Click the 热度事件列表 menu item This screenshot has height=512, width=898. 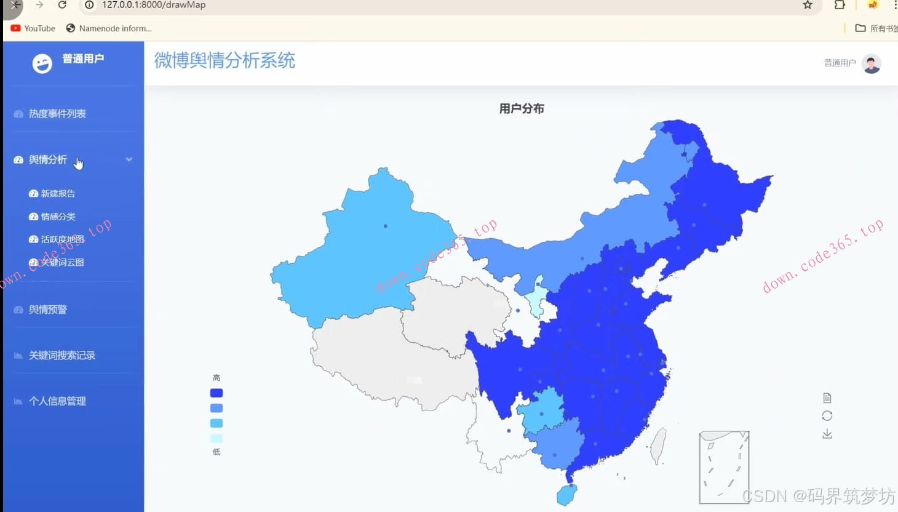tap(57, 114)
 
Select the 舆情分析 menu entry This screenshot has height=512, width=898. tap(48, 160)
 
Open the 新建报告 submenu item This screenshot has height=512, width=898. tap(58, 193)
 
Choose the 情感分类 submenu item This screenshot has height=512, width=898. tap(58, 217)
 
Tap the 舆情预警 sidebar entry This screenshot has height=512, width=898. tap(48, 310)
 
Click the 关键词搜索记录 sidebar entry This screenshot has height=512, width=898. tap(62, 355)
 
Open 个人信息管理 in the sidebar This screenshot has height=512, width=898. tap(57, 401)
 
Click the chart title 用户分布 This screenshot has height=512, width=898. tap(522, 109)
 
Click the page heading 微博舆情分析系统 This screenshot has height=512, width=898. tap(224, 60)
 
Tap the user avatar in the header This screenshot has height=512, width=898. tap(872, 63)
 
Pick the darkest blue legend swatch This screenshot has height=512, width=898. tap(217, 393)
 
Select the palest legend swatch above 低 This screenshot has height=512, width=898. tap(217, 438)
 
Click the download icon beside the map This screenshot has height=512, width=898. tap(827, 434)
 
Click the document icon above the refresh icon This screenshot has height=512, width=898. tap(827, 398)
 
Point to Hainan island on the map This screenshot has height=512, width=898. tap(567, 494)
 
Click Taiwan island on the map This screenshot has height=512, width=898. tap(659, 446)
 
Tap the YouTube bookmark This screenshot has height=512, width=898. tap(33, 28)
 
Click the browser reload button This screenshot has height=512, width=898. tap(62, 5)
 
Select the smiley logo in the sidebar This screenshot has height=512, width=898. tap(42, 63)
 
